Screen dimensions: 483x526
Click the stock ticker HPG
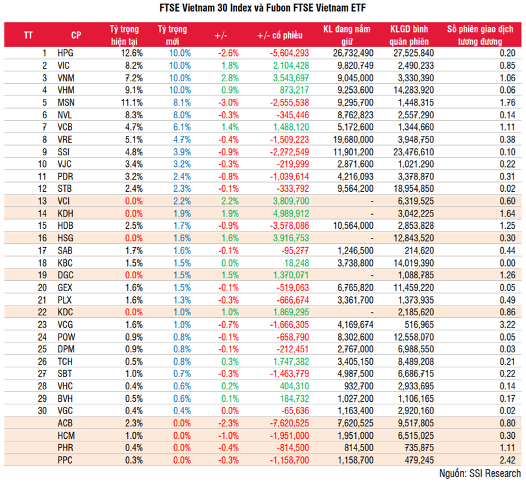[66, 53]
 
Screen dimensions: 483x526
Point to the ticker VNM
[66, 77]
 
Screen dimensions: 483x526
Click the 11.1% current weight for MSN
[131, 102]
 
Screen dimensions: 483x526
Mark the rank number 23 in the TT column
[42, 324]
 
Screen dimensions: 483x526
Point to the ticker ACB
[66, 423]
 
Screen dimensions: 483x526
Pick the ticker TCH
[66, 361]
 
